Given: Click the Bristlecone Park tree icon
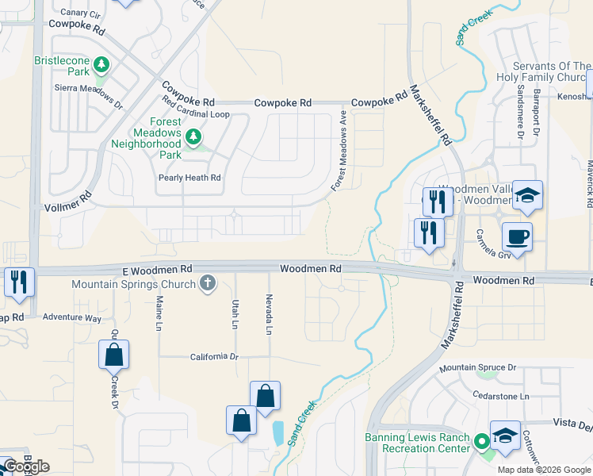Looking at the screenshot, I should pos(101,63).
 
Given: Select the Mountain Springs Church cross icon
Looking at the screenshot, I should pos(208,283).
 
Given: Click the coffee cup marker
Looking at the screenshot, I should pos(516,236).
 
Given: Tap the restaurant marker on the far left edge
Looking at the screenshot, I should pos(18,282).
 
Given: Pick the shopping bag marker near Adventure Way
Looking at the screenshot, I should pos(114,355).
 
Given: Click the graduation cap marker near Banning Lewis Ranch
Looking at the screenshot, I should pos(505,436).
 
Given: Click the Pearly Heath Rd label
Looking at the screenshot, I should pos(189,178).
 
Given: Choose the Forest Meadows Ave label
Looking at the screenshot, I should pos(339,151).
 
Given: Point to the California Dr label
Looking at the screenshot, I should pos(214,357).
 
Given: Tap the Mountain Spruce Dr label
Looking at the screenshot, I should pos(478,367).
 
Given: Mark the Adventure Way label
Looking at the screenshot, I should pos(72,318).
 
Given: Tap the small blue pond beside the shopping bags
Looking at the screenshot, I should pos(277,432).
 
